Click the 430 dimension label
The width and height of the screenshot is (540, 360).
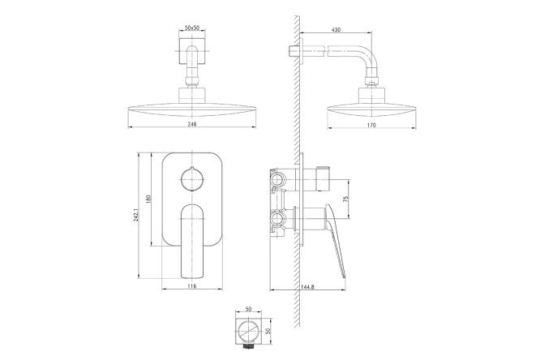(x=336, y=30)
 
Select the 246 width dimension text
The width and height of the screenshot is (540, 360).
(x=192, y=124)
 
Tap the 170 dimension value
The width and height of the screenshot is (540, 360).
(x=371, y=126)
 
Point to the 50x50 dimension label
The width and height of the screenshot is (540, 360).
(x=192, y=28)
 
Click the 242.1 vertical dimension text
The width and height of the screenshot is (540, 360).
(x=135, y=215)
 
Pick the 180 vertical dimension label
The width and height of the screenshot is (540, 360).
(x=148, y=199)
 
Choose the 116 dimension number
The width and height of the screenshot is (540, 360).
(x=192, y=286)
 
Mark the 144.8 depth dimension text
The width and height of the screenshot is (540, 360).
(x=307, y=287)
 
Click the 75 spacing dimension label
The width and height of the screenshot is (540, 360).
(x=346, y=199)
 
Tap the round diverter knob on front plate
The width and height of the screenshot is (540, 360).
(x=192, y=179)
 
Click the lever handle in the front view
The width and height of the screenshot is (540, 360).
(x=192, y=241)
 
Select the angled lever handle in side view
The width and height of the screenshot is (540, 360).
(x=335, y=241)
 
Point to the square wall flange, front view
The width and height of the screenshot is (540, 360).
(x=192, y=51)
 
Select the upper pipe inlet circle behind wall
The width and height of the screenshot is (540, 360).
(x=277, y=179)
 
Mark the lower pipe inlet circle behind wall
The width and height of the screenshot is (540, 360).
(x=277, y=218)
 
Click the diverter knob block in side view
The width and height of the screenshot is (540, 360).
(x=324, y=179)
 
